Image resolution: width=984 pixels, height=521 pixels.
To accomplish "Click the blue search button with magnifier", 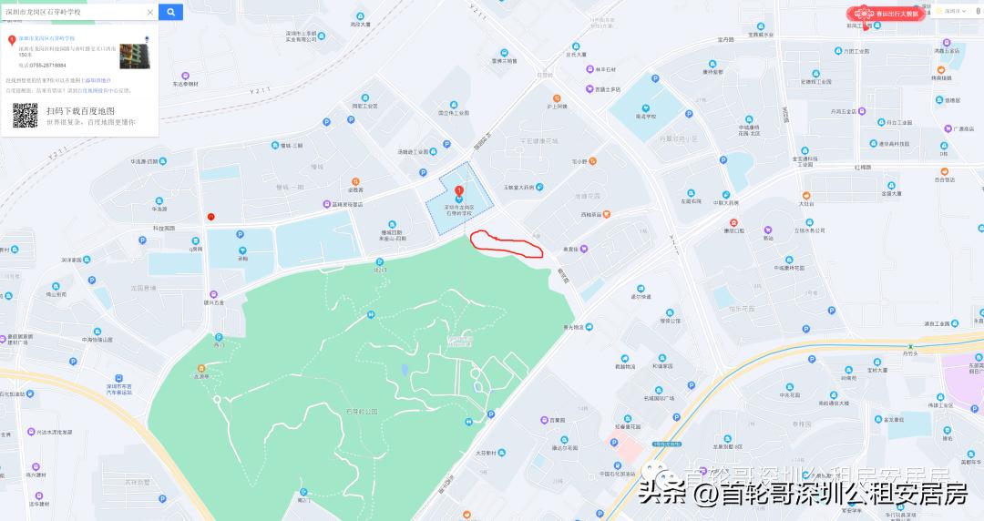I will (170, 12).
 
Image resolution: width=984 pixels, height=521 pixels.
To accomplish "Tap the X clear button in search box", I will (150, 12).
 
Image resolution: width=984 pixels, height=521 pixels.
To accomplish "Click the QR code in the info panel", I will (25, 115).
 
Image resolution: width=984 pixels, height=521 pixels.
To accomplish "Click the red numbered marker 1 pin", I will (459, 191).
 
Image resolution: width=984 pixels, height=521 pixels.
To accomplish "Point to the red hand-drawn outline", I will (506, 243).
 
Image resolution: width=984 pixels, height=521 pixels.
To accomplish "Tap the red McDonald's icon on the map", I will (211, 217).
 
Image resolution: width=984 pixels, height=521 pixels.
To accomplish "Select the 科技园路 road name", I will (163, 229).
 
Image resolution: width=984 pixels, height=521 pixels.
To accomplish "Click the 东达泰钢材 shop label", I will (186, 84).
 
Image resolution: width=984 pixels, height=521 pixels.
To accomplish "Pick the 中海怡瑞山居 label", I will (97, 340).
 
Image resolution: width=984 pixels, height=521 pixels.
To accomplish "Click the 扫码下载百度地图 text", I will (80, 111).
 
